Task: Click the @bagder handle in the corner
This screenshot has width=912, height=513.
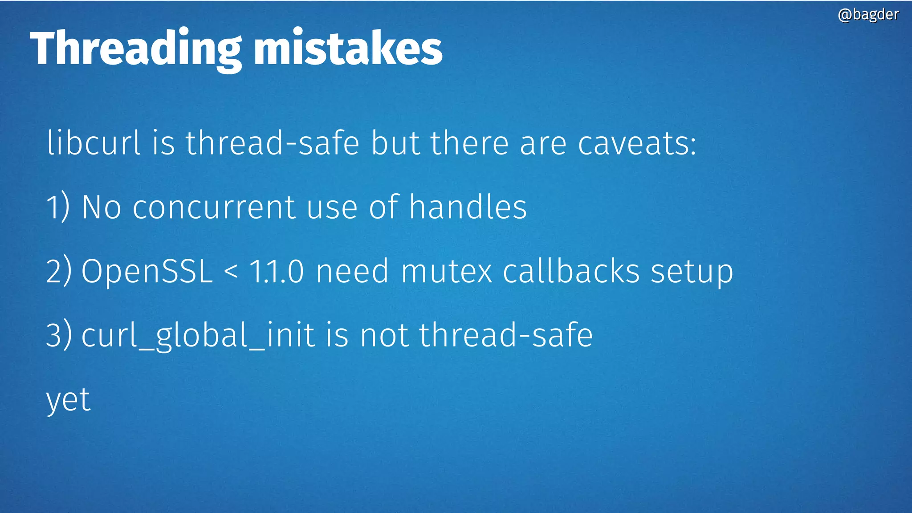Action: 868,15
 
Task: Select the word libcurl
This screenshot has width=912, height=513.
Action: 94,143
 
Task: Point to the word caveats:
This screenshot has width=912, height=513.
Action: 637,144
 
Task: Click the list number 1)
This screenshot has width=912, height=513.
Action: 58,207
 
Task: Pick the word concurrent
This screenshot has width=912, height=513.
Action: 214,208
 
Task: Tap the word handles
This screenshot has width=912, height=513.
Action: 468,207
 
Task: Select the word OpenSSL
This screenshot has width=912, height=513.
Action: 147,272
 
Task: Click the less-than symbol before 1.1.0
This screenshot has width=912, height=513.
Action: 231,271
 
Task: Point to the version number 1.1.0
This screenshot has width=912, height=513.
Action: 277,271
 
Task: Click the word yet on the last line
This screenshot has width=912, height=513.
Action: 68,400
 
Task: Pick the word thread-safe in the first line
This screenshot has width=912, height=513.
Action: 272,143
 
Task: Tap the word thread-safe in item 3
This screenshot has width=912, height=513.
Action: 506,335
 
